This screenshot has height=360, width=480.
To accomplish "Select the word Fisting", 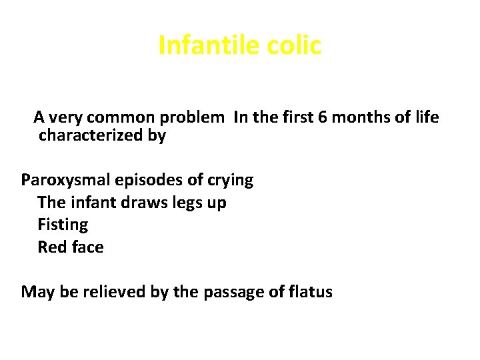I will [63, 225].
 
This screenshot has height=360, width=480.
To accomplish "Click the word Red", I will [51, 247].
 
